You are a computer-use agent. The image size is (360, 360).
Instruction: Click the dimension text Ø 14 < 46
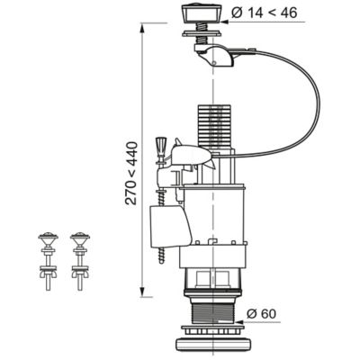[265, 13]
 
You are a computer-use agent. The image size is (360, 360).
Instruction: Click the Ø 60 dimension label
[261, 314]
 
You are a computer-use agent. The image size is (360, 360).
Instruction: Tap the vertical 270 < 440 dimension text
[131, 174]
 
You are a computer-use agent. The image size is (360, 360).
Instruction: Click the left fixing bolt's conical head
[48, 238]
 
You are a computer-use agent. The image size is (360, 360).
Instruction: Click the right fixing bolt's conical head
[80, 238]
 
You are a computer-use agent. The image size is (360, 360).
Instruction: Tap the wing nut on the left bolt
[48, 274]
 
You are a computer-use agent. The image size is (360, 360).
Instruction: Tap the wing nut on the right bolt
[80, 274]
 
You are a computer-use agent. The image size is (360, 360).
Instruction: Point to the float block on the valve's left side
[170, 226]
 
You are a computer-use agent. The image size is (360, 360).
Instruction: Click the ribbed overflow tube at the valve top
[214, 127]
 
